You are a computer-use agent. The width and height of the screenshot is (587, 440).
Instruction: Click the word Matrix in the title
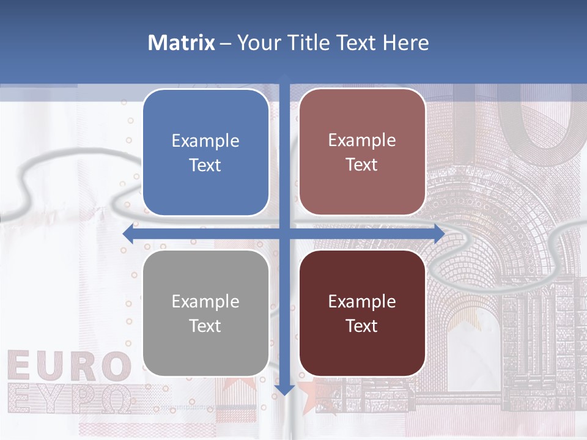pos(181,43)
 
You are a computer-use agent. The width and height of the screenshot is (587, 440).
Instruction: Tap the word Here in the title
pos(405,43)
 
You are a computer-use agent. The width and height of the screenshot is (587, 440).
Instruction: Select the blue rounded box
pos(205,152)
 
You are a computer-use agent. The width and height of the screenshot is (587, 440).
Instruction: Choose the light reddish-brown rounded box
pos(362,152)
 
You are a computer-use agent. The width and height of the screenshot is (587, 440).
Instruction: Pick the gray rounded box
pos(205,313)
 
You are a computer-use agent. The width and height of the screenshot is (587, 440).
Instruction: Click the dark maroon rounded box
pos(362,313)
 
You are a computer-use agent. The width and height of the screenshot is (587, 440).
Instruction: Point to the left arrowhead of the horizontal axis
pos(128,233)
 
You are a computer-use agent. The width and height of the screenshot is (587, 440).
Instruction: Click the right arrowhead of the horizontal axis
pos(439,233)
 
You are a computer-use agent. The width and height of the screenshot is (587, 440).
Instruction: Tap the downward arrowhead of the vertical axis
pos(284,389)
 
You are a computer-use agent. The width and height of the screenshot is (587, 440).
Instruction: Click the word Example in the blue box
pos(205,141)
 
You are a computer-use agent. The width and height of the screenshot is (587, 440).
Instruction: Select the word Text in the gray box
pos(205,326)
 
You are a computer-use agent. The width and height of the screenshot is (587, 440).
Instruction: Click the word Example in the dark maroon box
pos(362,301)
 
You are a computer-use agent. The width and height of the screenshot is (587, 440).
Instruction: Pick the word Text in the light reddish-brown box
pos(362,165)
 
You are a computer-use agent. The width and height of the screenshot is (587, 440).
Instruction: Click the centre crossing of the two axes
pos(284,233)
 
